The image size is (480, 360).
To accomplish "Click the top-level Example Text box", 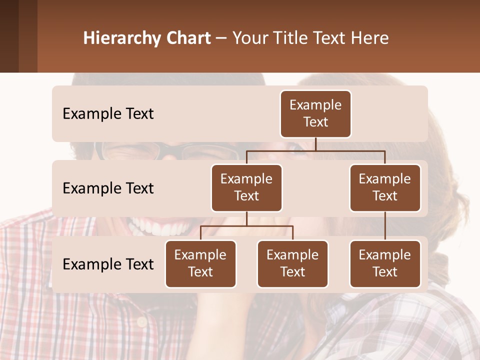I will [x=315, y=113].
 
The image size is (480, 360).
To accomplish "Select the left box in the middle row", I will [x=246, y=187].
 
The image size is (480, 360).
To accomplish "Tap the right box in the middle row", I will [x=385, y=187].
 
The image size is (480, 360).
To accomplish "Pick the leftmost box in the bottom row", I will [x=200, y=263].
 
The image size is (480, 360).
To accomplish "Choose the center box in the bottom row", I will [x=292, y=263].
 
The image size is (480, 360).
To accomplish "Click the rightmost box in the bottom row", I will [x=385, y=263].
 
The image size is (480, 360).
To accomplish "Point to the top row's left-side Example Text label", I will [x=108, y=114].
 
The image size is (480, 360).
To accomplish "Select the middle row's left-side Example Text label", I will [x=108, y=188].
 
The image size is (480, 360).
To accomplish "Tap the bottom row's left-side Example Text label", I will [x=108, y=264].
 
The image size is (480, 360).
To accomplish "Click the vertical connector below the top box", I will [x=315, y=144].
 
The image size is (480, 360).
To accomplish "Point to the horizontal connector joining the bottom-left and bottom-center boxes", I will [x=246, y=226].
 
